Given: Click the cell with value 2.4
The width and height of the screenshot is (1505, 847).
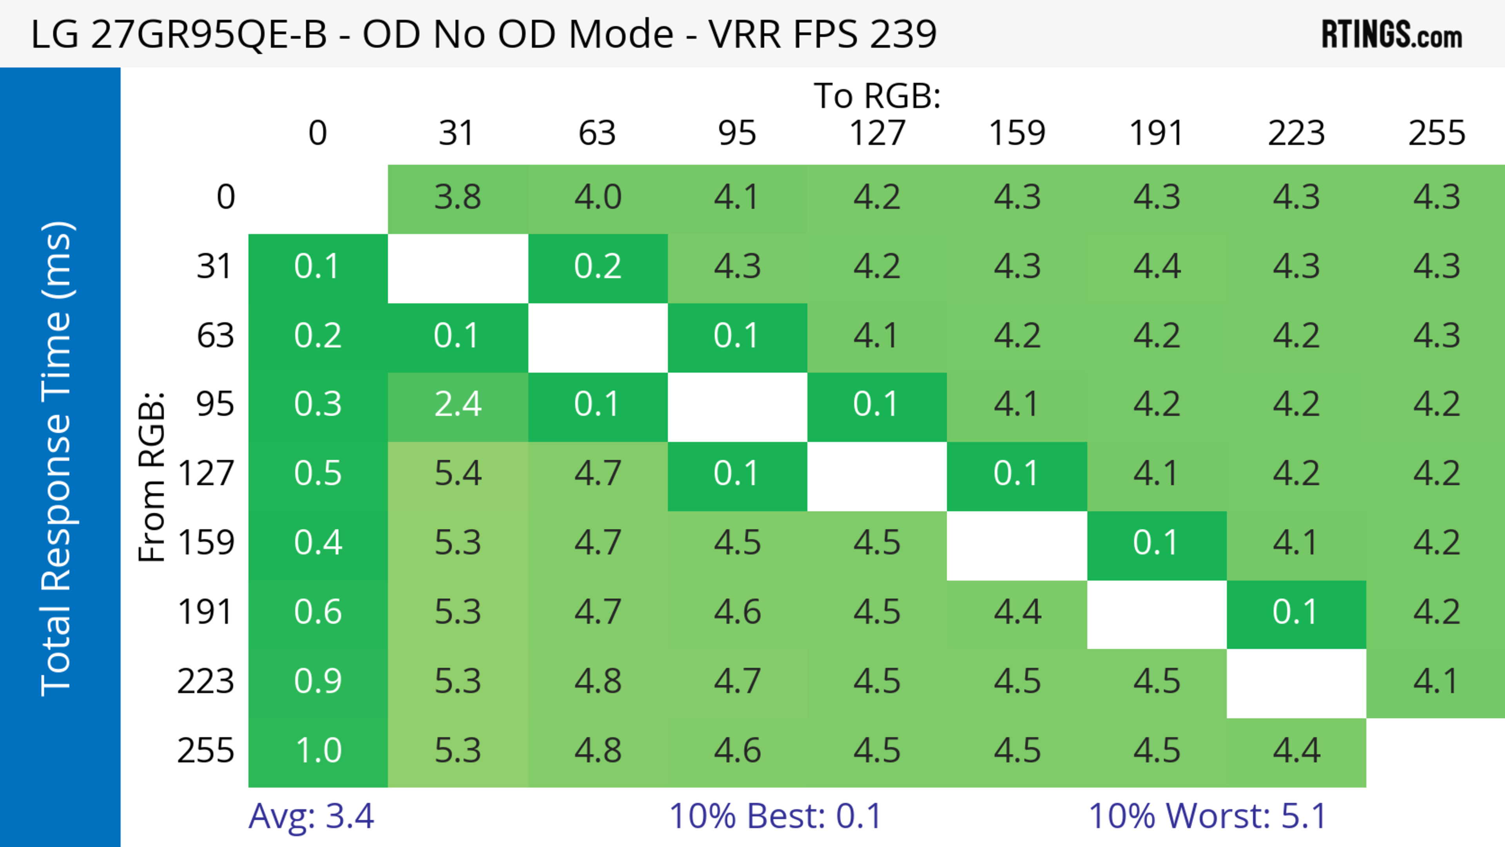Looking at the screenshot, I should (457, 404).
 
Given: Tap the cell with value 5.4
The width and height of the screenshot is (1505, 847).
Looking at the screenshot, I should (457, 473).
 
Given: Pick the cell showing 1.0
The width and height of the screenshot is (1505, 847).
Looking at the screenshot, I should (318, 750).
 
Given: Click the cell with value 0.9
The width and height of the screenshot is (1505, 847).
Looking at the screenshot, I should (318, 681).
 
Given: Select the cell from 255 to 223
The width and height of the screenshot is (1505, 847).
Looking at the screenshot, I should (1296, 750).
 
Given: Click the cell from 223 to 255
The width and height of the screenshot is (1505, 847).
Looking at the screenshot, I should (1436, 681).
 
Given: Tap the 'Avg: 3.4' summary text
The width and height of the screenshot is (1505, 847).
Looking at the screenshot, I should (311, 816).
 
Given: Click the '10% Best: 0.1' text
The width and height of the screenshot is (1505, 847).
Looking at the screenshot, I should (775, 816).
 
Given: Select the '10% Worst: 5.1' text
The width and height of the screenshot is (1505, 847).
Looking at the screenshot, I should (1207, 816).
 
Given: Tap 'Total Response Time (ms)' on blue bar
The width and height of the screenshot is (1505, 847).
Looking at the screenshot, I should (57, 459).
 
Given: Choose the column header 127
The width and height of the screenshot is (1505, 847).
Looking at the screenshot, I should (877, 133).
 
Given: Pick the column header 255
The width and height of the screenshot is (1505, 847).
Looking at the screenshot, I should (1436, 133).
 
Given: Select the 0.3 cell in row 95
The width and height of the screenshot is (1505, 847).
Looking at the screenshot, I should (318, 404).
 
